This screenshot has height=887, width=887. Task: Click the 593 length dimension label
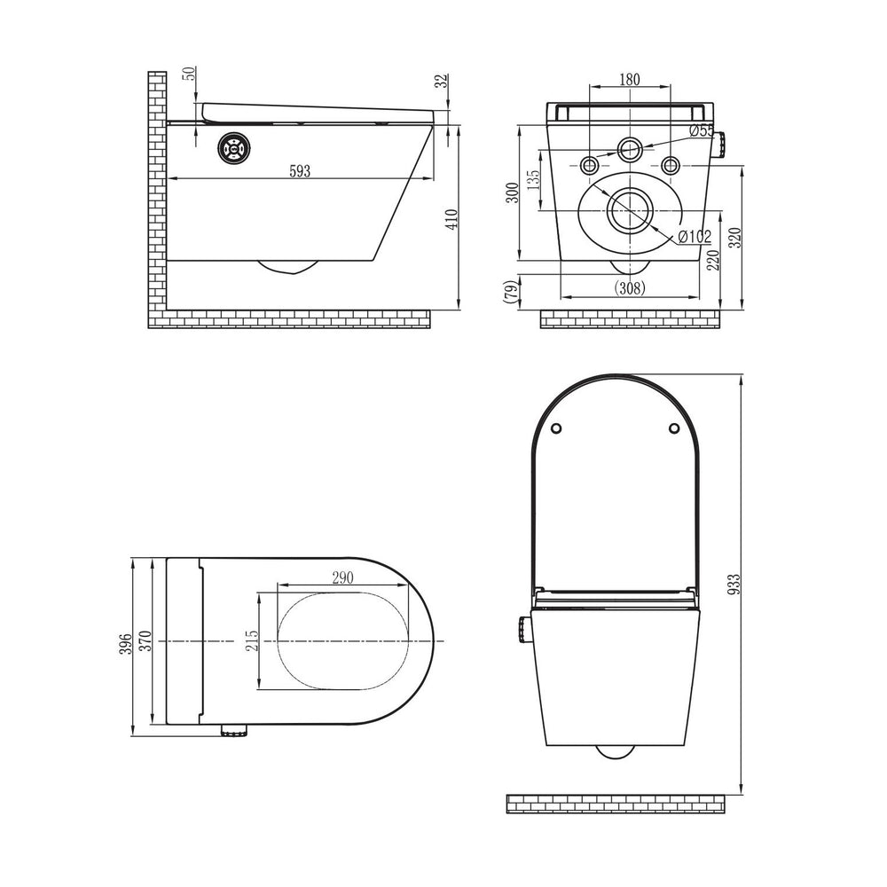pos(300,171)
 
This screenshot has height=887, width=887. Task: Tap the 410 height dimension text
pos(451,219)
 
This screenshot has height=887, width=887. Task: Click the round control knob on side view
pos(234,147)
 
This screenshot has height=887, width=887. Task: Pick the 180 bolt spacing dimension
pos(629,79)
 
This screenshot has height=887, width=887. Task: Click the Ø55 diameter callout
pos(702,130)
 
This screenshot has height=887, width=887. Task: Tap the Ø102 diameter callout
pos(695,237)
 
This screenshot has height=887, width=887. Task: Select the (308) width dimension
pos(630,288)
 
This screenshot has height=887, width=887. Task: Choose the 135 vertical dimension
pos(533,179)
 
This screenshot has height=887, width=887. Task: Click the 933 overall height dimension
pos(734,584)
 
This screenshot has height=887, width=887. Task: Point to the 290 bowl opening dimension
pos(342,577)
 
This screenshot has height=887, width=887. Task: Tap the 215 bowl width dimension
pos(252,640)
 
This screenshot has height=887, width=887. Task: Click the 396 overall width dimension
pos(126,644)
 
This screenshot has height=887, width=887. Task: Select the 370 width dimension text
pos(146,640)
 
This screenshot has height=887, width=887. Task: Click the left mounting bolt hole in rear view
pos(590,165)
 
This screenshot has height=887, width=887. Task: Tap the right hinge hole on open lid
pos(674,428)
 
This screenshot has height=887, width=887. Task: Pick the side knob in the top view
pos(234,730)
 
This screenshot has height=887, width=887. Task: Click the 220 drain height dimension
pos(713,260)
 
